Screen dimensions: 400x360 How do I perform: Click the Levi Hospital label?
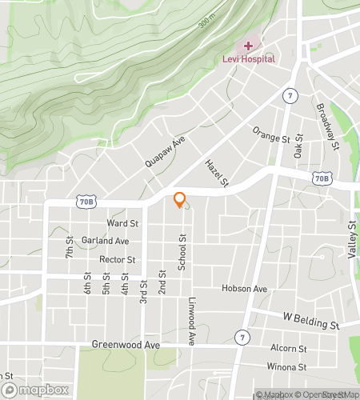[x=248, y=59]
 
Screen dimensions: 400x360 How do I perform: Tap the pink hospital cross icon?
[x=248, y=46]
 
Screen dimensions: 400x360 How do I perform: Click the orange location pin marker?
[x=180, y=200]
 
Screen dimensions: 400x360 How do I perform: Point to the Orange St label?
[x=270, y=134]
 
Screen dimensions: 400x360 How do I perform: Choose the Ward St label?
[x=123, y=223]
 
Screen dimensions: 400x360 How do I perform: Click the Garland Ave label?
[x=110, y=241]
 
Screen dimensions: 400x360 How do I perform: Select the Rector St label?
[x=116, y=259]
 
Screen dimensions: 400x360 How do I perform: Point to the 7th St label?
[x=70, y=246]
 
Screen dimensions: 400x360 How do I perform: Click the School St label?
[x=182, y=252]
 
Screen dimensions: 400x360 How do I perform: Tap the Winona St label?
[x=289, y=367]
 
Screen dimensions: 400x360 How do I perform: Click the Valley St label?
[x=351, y=240]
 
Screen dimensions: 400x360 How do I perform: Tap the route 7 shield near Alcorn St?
[x=241, y=338]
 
